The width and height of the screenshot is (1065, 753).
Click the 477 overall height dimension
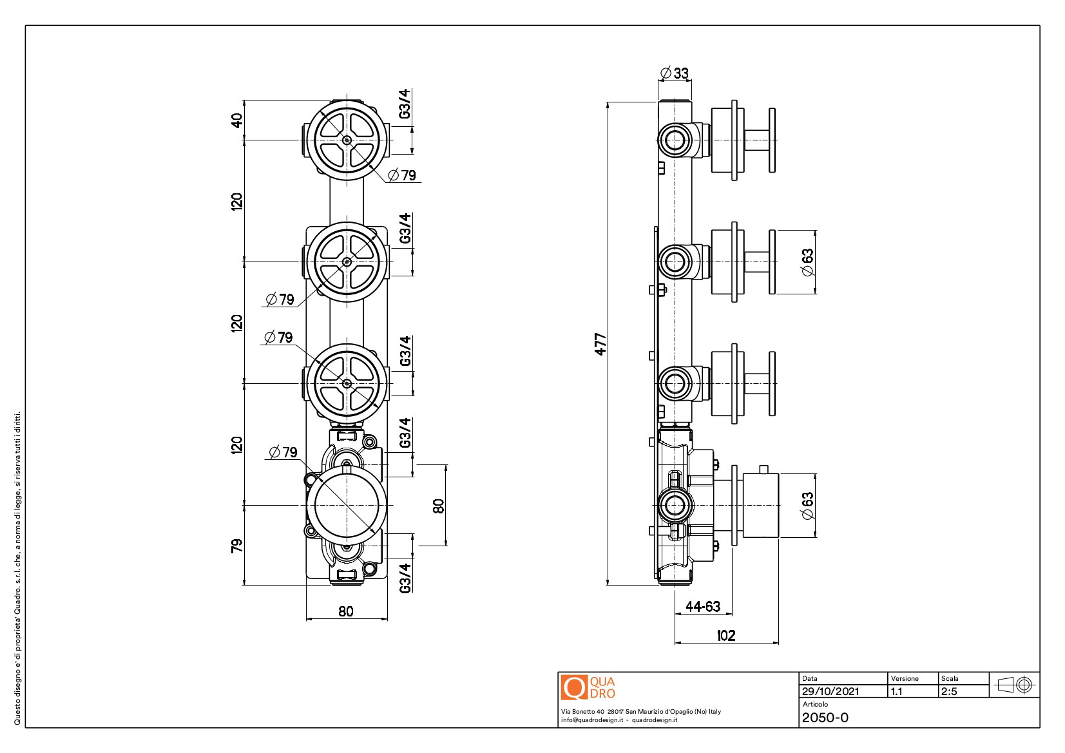[x=600, y=344]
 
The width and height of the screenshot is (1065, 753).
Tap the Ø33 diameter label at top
[x=675, y=73]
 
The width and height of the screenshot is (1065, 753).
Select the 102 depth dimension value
[x=726, y=636]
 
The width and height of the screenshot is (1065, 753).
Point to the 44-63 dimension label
[x=703, y=606]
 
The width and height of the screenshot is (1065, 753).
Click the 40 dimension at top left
[x=237, y=120]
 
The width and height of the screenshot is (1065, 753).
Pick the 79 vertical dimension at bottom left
[x=237, y=546]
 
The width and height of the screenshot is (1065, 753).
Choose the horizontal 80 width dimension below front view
[x=346, y=611]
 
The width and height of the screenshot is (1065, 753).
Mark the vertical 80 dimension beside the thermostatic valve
[x=439, y=506]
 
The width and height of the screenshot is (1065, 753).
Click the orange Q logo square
[x=573, y=687]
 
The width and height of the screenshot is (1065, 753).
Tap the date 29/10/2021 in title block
[x=830, y=691]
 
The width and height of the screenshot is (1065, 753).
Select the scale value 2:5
[x=949, y=691]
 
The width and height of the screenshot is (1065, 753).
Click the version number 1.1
[x=896, y=691]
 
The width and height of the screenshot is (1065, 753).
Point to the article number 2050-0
[x=825, y=718]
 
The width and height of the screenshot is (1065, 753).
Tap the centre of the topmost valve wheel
[x=347, y=140]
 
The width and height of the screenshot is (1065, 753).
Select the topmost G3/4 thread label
[x=405, y=104]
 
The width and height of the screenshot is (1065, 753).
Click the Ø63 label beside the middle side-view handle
[x=807, y=262]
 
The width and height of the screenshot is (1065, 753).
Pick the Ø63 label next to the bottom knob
[x=807, y=506]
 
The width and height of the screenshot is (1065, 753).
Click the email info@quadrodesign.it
[x=591, y=720]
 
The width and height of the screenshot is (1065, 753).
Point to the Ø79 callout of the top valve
[x=403, y=175]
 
